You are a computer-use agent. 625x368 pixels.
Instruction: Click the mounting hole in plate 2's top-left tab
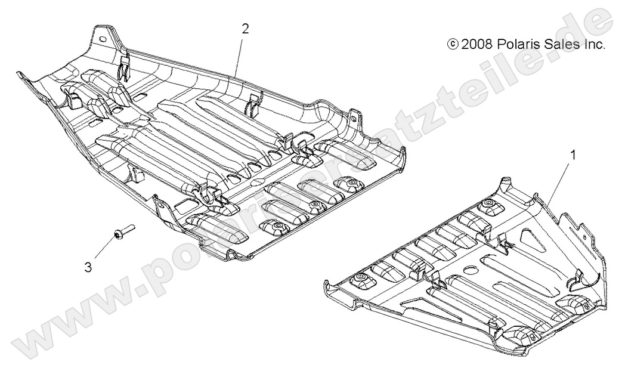[101, 40]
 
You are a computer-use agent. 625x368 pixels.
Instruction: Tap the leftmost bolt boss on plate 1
[360, 280]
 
